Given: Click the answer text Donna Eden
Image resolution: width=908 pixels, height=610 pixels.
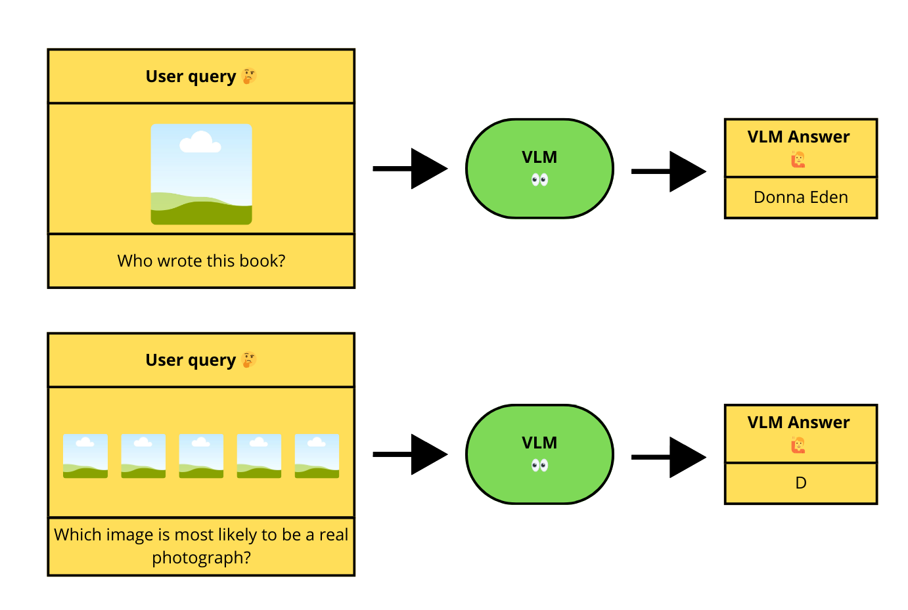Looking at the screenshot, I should pyautogui.click(x=800, y=197).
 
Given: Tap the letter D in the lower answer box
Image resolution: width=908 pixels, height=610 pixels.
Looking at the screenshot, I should pyautogui.click(x=800, y=483).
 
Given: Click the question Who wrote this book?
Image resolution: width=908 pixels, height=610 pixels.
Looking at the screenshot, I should pyautogui.click(x=201, y=261).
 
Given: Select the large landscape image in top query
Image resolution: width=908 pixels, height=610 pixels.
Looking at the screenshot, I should pyautogui.click(x=201, y=175).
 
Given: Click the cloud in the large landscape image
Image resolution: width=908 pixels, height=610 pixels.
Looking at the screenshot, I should pyautogui.click(x=200, y=142).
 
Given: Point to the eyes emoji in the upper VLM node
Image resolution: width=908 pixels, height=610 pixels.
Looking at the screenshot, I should pyautogui.click(x=539, y=180).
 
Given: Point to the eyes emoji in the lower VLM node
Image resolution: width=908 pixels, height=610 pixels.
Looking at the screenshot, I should pyautogui.click(x=539, y=466).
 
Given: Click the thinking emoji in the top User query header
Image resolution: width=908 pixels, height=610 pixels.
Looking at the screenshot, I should pyautogui.click(x=249, y=76).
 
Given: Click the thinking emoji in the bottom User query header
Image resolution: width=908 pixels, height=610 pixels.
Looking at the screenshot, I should pyautogui.click(x=249, y=360).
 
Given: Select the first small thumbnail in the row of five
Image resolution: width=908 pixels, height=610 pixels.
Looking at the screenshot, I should pyautogui.click(x=85, y=456).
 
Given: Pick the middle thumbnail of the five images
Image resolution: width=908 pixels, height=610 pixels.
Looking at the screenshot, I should pyautogui.click(x=201, y=456).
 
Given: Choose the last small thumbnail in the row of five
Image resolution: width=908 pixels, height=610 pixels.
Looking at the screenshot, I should pyautogui.click(x=317, y=456).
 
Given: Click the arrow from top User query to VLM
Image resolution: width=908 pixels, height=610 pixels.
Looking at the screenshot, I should pyautogui.click(x=410, y=169).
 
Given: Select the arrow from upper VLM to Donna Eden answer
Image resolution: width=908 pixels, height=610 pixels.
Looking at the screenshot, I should pyautogui.click(x=668, y=171).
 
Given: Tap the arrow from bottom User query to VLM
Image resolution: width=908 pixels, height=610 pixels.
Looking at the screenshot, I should pyautogui.click(x=410, y=454).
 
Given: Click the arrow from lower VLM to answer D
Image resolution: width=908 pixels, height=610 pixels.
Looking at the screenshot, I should pyautogui.click(x=668, y=457).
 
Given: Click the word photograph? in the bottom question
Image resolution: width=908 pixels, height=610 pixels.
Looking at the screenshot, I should pyautogui.click(x=201, y=557).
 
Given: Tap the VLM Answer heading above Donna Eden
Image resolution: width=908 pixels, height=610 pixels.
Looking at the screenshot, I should pyautogui.click(x=798, y=137).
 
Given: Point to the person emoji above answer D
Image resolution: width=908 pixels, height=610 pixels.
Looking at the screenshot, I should pyautogui.click(x=798, y=446).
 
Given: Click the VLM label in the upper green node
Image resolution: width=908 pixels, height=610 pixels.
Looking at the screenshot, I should pyautogui.click(x=539, y=157).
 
